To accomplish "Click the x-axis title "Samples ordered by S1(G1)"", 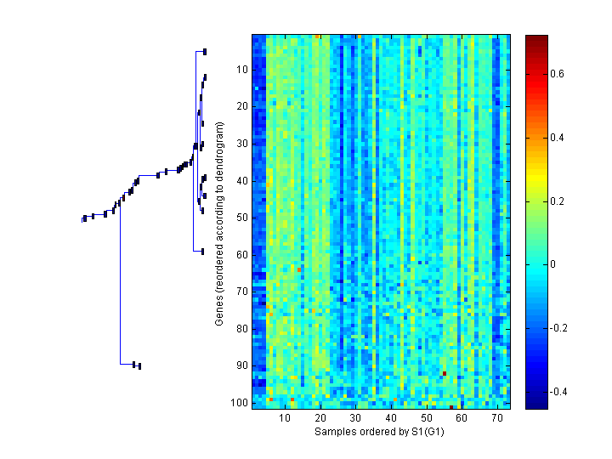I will coord(379,432).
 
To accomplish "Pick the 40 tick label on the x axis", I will coord(391,418).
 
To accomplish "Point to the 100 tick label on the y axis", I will coord(239,402).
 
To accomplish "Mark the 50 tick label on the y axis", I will coord(241,218).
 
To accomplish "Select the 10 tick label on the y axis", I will coord(241,70).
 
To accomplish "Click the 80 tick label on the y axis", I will coord(241,328).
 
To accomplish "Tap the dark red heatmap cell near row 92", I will coord(444,372).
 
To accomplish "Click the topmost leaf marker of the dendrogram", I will coord(205,51).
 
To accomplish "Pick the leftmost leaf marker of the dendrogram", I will coord(84,219).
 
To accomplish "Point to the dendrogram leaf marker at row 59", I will coord(202,251).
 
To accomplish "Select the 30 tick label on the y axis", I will coord(241,144).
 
